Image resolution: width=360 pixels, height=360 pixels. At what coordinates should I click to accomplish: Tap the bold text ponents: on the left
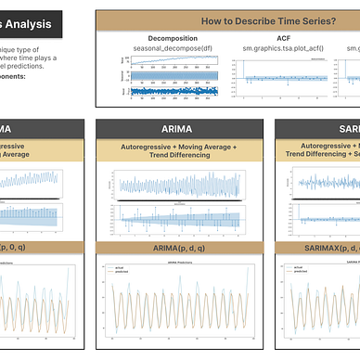[19, 77]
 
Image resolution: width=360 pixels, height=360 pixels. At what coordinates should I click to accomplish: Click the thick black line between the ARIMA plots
[175, 201]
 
